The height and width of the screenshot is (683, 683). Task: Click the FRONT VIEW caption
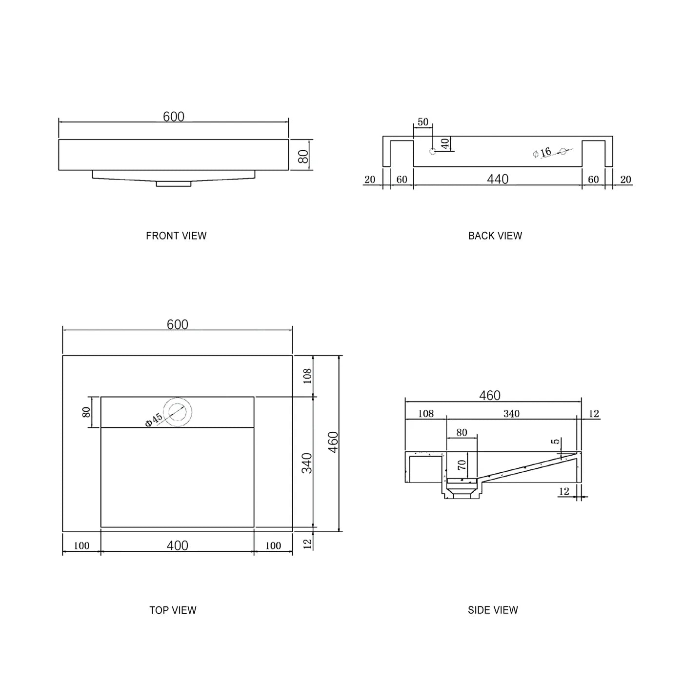(x=176, y=236)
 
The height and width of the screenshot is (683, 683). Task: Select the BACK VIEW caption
(x=495, y=236)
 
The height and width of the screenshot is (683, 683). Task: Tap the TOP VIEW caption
(x=173, y=610)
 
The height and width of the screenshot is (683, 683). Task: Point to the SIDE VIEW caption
(x=493, y=610)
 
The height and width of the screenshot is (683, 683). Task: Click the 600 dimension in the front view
(x=174, y=117)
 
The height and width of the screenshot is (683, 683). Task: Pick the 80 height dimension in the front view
(x=303, y=156)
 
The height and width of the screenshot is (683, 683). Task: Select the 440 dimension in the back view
(x=498, y=179)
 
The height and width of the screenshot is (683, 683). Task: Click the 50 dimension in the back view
(x=423, y=122)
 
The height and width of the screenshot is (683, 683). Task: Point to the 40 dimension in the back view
(x=445, y=143)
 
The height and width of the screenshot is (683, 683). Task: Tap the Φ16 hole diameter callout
(x=542, y=153)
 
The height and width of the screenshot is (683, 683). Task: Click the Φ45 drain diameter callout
(x=154, y=420)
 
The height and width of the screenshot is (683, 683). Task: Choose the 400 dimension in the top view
(x=178, y=545)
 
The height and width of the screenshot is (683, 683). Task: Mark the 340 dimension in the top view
(x=306, y=463)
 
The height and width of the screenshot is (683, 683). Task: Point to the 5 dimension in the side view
(x=556, y=442)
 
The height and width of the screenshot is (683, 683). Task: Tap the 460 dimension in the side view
(x=490, y=395)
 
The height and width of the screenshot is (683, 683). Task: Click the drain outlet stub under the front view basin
(x=173, y=184)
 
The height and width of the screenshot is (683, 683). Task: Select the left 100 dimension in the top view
(x=81, y=546)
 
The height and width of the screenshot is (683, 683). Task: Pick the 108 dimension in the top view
(x=307, y=376)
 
